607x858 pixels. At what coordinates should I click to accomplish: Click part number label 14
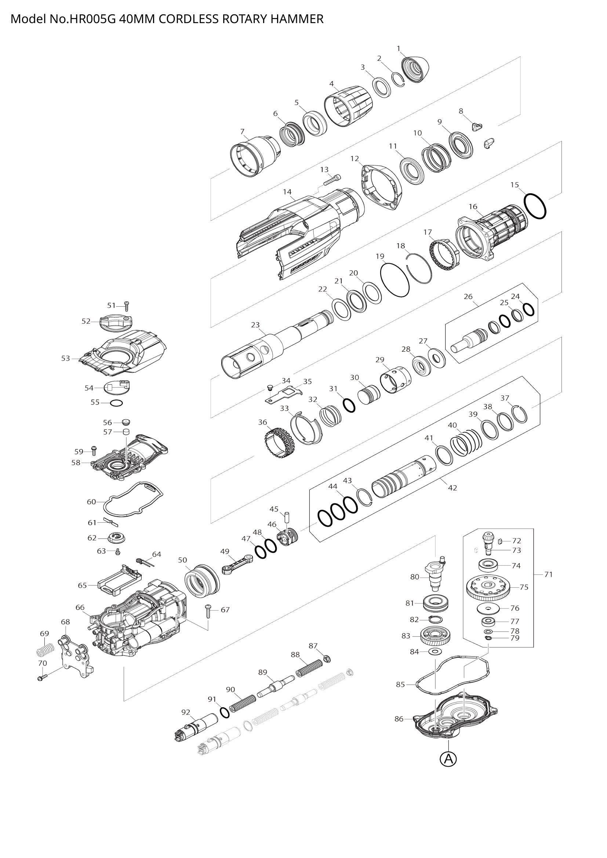(287, 192)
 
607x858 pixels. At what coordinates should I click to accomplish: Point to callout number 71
(548, 574)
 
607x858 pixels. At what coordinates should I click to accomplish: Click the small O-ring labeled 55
(116, 403)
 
